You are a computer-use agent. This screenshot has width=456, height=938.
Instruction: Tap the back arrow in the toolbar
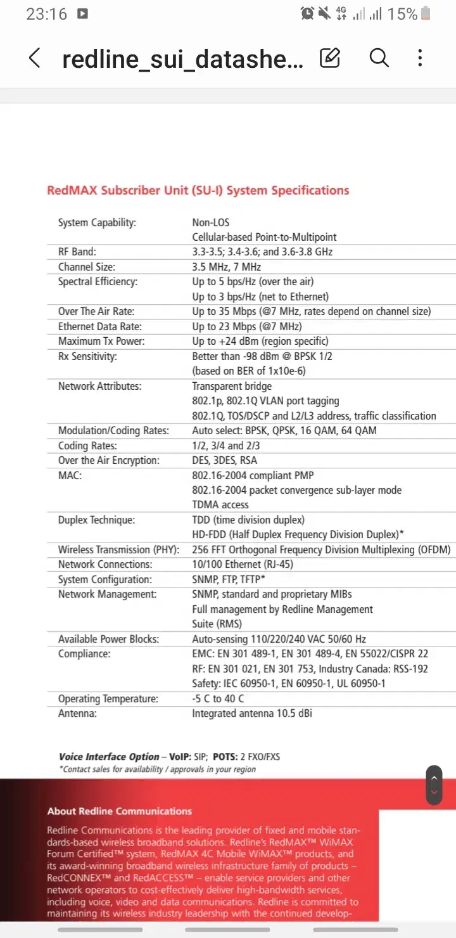point(35,58)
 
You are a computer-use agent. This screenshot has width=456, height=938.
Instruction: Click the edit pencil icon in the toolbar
point(330,58)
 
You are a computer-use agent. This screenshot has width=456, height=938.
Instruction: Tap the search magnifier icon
point(379,58)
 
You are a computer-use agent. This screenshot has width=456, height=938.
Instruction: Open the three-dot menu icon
point(420,58)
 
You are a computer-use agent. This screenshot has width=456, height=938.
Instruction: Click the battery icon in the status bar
point(426,13)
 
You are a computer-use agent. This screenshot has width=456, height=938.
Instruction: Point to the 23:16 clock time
point(46,14)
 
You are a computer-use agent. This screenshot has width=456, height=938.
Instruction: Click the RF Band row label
point(77,252)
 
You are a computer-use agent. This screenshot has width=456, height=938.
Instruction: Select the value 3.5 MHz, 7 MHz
point(227,267)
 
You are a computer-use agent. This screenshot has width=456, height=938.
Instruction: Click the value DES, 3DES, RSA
point(225,460)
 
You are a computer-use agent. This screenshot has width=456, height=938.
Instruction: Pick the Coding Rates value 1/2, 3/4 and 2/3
point(226,446)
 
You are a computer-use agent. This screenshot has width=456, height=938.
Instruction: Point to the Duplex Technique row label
point(96,520)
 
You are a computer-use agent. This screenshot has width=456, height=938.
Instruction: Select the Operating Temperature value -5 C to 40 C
point(218,698)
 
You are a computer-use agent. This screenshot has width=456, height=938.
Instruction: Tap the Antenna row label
point(78,713)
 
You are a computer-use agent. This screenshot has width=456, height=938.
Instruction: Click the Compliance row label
point(84,653)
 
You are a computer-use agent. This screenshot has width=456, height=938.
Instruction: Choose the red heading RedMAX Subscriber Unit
point(198,190)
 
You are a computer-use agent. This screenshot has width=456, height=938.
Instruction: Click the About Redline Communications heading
point(119,811)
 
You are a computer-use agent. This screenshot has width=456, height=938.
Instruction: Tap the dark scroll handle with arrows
point(434,785)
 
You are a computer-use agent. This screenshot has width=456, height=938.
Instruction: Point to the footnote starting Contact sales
point(158,769)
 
